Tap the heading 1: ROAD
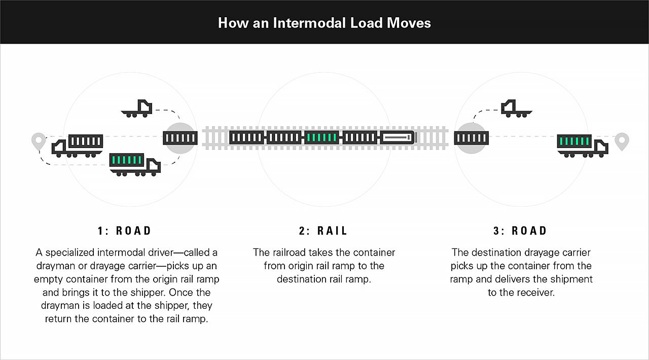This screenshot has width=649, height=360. [125, 231]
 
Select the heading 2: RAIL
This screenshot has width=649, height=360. [323, 231]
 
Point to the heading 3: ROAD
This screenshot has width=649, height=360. [520, 231]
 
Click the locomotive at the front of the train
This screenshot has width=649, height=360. [398, 137]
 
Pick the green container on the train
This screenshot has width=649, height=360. [321, 137]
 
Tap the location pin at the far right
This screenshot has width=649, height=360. [622, 141]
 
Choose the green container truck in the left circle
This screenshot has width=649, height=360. [135, 164]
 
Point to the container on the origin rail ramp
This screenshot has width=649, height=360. [180, 137]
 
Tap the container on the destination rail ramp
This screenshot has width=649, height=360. [471, 137]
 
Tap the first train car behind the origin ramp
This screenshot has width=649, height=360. [246, 137]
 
